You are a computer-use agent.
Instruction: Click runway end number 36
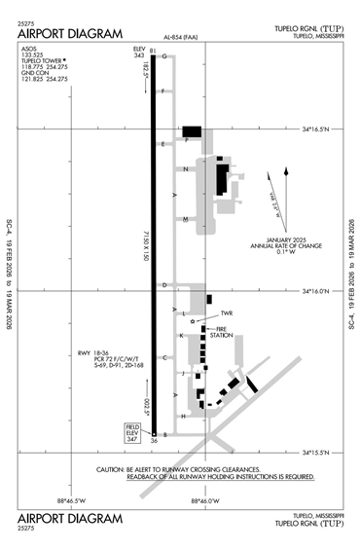[x=154, y=442]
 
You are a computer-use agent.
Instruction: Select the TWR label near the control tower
[x=229, y=313]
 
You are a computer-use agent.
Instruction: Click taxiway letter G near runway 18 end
[x=164, y=56]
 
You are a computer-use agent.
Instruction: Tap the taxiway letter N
[x=185, y=169]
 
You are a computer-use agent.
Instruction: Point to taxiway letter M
[x=185, y=219]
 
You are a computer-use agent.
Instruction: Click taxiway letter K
[x=182, y=336]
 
